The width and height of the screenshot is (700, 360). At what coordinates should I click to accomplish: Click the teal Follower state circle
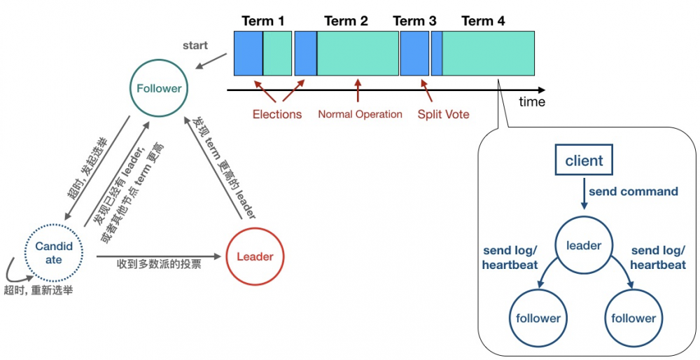tap(159, 88)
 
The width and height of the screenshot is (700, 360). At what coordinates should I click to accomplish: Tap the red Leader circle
tap(255, 256)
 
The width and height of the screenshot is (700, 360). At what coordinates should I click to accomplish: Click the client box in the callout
tap(584, 160)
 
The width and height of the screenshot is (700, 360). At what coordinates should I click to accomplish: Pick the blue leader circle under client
tap(584, 245)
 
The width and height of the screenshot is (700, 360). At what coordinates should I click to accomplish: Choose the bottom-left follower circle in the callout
tap(538, 318)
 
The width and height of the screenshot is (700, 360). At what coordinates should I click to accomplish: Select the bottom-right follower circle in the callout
tap(633, 318)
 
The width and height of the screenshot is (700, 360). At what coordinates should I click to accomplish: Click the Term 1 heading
tap(263, 21)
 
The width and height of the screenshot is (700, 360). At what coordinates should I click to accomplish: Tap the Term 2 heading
tap(346, 21)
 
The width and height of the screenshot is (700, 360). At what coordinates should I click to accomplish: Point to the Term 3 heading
tap(414, 21)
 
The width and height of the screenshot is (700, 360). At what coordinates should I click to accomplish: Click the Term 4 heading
tap(483, 21)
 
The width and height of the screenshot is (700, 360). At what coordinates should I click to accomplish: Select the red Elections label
tap(277, 114)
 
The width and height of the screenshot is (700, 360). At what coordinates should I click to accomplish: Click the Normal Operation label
tap(360, 114)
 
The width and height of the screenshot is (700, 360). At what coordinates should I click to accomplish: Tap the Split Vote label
tap(444, 114)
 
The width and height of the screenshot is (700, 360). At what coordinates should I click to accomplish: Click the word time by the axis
tap(532, 102)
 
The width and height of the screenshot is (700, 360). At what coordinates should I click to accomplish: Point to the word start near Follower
tap(195, 46)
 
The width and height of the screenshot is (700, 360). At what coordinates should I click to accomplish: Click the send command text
tap(633, 191)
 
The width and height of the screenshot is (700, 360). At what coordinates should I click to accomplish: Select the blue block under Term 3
tap(414, 53)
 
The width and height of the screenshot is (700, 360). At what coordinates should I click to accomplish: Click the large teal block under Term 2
tap(358, 53)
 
